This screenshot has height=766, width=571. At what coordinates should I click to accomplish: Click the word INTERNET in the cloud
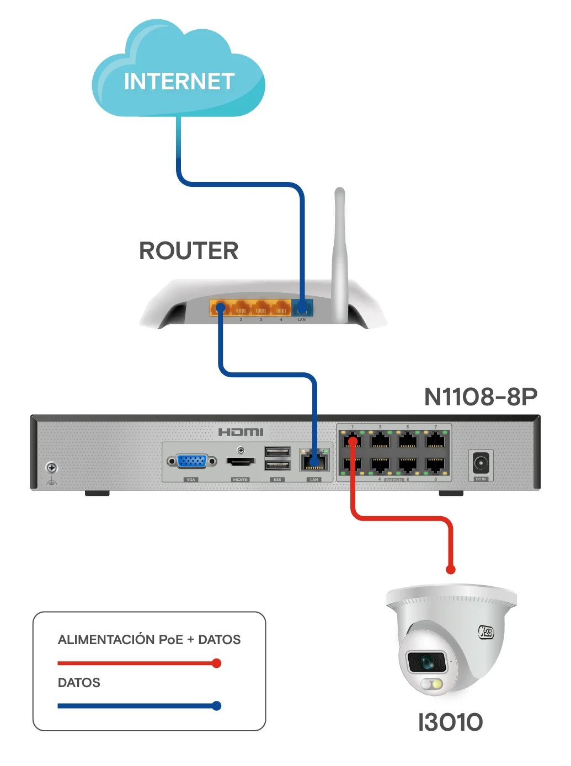coord(179,82)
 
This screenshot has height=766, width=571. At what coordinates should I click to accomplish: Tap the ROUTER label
coord(189,251)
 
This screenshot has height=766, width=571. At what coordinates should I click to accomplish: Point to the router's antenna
coord(340,254)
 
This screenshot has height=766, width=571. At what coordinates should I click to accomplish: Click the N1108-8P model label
coord(481,397)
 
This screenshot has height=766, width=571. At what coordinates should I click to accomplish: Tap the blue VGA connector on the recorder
coord(192,460)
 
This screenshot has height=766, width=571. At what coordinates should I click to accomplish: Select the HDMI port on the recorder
coord(241,461)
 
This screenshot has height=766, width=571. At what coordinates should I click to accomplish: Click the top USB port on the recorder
coord(277,452)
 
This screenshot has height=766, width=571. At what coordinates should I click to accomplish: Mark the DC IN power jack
coord(481,463)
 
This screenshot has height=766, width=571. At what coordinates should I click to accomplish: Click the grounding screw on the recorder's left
coord(52,468)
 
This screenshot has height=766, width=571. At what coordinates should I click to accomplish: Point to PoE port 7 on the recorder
coord(435,440)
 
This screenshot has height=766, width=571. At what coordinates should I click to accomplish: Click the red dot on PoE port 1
coord(353,441)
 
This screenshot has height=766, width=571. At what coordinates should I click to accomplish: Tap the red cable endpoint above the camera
coord(451,569)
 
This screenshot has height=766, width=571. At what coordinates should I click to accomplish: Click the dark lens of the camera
coord(425,661)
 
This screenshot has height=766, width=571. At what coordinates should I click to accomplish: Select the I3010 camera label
coord(450,722)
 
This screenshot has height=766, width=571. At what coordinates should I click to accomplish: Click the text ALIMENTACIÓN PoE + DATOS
coord(149,640)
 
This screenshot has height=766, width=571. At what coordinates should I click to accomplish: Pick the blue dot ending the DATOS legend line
coord(217,706)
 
